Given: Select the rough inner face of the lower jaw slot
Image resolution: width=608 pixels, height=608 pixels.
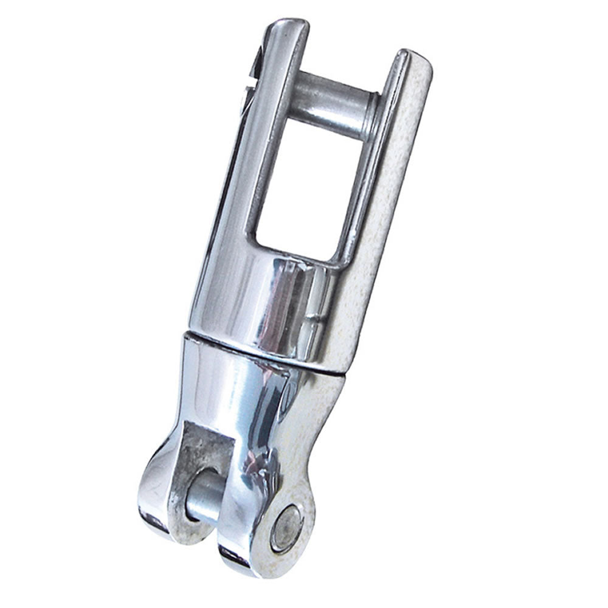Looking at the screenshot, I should point(201,450).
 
